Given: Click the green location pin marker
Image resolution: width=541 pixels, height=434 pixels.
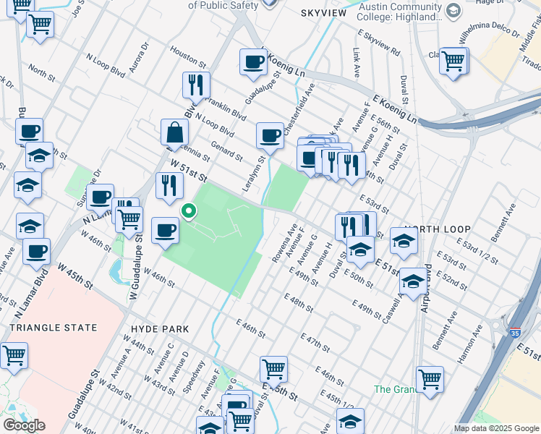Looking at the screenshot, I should point(189,211).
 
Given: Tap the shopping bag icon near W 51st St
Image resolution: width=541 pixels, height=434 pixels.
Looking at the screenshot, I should point(174,133).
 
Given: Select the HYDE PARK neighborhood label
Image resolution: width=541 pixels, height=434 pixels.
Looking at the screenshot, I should point(160,328).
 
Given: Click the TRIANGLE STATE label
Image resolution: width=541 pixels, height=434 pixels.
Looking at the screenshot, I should point(53,328).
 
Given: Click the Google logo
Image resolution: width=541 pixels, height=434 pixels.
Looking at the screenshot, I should point(24,425).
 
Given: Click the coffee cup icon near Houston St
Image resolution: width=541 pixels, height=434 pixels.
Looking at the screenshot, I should point(254,61).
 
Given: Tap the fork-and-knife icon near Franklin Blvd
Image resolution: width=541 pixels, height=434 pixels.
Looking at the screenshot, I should point(196,85).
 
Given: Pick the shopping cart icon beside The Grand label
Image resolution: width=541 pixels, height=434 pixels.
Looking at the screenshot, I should point(430,378).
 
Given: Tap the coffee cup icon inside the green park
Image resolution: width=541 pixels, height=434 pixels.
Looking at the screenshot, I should point(166,229).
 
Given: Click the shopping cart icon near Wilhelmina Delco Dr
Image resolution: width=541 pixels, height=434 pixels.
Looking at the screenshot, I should point(454,61).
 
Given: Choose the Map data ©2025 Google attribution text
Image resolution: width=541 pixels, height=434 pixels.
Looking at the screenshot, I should point(496,428).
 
